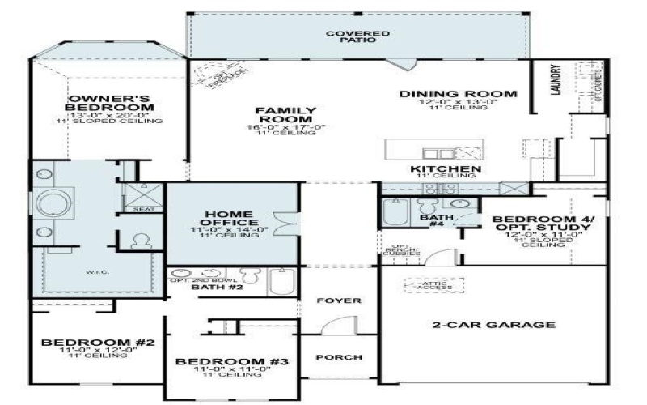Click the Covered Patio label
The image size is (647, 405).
[358, 36]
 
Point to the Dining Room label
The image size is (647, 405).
[459, 94]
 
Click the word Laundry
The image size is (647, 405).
[556, 81]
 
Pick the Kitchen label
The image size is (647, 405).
[446, 169]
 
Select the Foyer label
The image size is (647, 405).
[339, 301]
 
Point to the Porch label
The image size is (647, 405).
[339, 357]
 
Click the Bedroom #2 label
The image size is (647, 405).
[98, 343]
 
